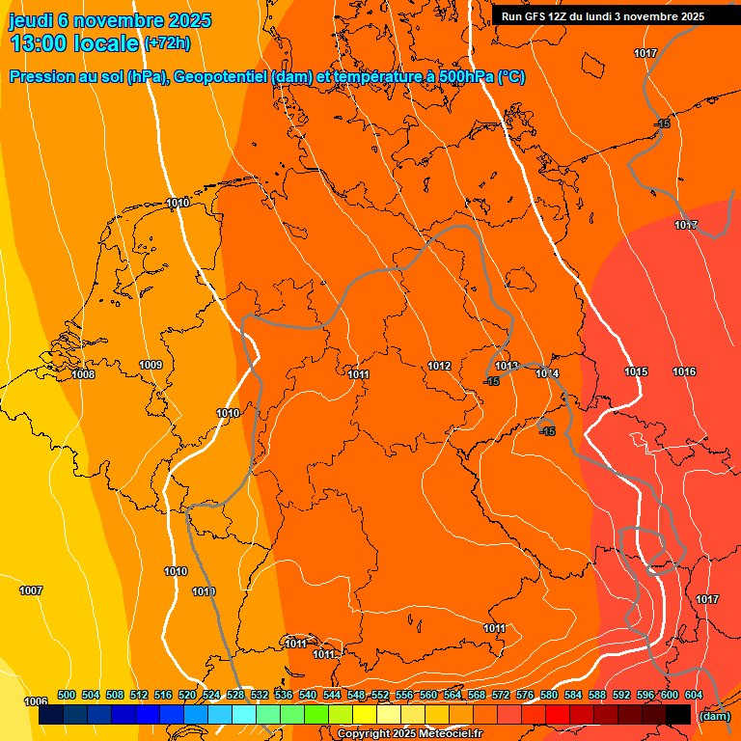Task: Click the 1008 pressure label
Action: [x=83, y=374]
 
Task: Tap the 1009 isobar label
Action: [x=151, y=365]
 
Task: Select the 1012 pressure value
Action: [x=439, y=366]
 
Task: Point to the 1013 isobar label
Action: [x=507, y=367]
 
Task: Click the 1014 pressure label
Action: [x=547, y=373]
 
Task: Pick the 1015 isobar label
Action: [x=636, y=371]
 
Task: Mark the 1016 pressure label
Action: [x=684, y=371]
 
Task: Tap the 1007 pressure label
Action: [x=31, y=590]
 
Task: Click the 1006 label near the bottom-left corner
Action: [x=36, y=701]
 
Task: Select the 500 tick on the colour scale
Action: [x=67, y=695]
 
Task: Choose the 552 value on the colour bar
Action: [x=380, y=695]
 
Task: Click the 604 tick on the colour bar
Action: [x=693, y=695]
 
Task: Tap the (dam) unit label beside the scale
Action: [x=714, y=715]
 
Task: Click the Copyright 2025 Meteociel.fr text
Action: [x=409, y=734]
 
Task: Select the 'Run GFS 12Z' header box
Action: [x=603, y=16]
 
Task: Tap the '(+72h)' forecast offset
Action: [x=166, y=43]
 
